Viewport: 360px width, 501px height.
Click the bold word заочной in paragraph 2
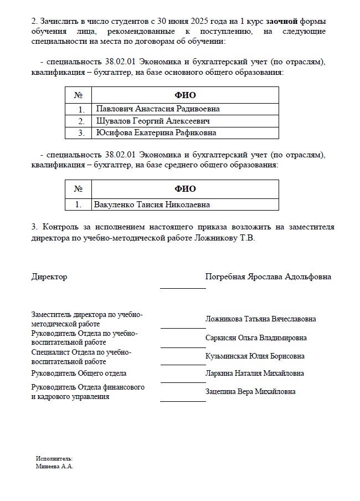pos(282,21)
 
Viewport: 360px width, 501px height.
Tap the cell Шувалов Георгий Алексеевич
pos(153,121)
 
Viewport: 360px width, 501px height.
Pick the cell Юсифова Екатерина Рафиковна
pos(156,133)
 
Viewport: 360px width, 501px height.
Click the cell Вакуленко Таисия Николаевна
pos(152,205)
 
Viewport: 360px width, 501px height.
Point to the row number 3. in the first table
pos(81,133)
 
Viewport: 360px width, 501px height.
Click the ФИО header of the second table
pos(185,189)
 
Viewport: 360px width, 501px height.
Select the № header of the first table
pos(78,95)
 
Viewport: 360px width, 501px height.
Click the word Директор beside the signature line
pos(49,277)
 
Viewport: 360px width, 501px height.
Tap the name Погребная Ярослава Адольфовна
pos(268,277)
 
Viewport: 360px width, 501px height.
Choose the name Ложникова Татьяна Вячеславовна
pos(261,319)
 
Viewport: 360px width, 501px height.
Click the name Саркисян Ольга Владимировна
pos(256,338)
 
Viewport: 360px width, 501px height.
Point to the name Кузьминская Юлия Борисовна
pos(255,356)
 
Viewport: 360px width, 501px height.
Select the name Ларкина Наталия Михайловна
pos(254,374)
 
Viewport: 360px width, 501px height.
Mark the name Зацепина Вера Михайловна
pos(250,391)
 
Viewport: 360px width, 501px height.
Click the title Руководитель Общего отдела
pos(79,374)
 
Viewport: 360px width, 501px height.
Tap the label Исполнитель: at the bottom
pos(54,459)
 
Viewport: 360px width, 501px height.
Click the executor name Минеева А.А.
pos(54,467)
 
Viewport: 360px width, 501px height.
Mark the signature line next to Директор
pos(182,288)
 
